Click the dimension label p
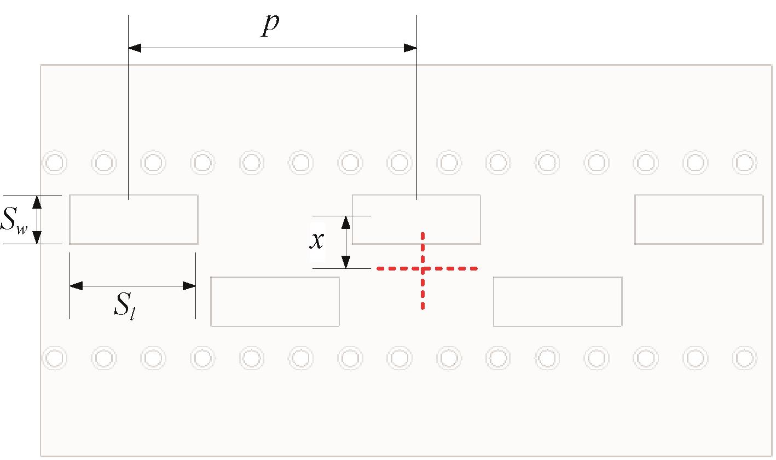point(270,26)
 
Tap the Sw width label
point(14,221)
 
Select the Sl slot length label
point(124,306)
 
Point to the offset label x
point(317,240)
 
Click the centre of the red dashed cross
point(422,269)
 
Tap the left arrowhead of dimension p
point(135,48)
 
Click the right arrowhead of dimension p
point(410,48)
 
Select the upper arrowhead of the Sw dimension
point(37,202)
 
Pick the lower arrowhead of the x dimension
point(346,262)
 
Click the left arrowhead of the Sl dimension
point(76,286)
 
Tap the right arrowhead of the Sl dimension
point(189,286)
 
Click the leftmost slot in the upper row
point(134,220)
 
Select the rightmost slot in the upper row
point(699,220)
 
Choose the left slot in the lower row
point(275,302)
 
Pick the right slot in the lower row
point(558,302)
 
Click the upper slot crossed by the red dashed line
point(416,220)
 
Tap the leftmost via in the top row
point(55,163)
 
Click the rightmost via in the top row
point(744,163)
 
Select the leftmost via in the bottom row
point(55,358)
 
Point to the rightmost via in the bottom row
point(744,358)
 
